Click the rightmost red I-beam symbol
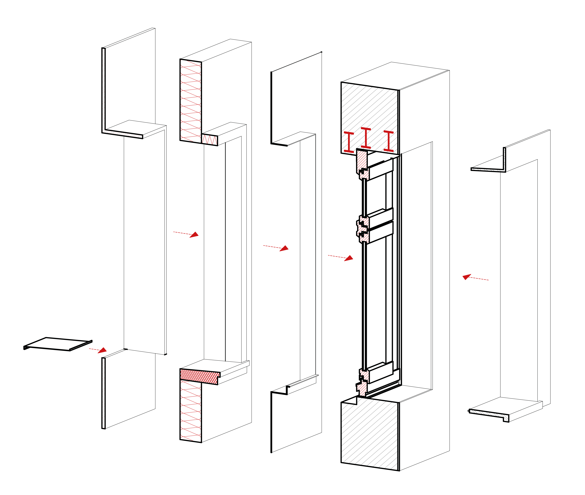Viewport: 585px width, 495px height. [x=389, y=141]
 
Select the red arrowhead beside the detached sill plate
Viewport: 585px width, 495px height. [x=103, y=350]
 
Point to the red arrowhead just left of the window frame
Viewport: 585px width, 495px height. [x=349, y=258]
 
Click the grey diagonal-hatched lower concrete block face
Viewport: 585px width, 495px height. [x=369, y=435]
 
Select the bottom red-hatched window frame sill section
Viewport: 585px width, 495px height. [x=362, y=387]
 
